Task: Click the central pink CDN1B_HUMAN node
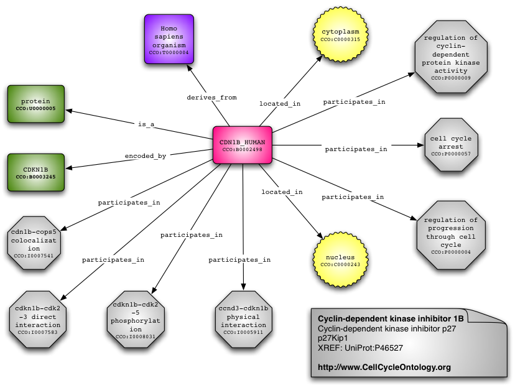click(242, 145)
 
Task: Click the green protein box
click(35, 104)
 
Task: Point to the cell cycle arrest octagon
click(446, 146)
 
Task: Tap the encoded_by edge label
click(145, 156)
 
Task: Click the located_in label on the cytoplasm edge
click(280, 104)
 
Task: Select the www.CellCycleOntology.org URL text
click(384, 367)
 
